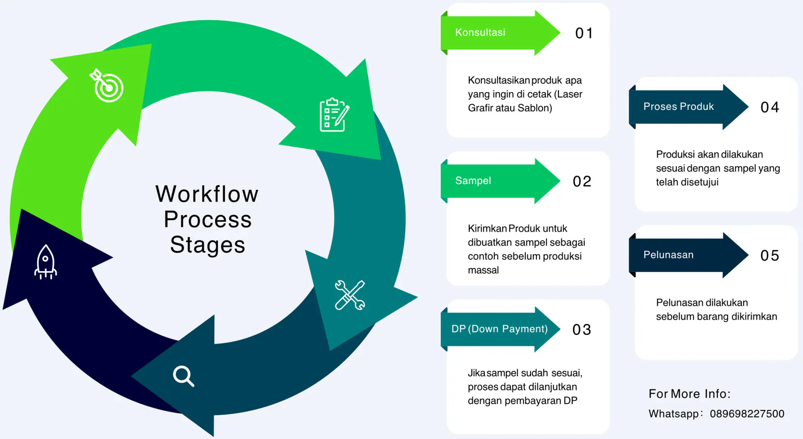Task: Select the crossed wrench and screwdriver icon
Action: (350, 295)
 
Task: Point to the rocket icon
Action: (46, 262)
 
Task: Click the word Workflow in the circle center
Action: (207, 194)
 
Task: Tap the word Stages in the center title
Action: (207, 245)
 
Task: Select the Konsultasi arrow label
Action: (480, 33)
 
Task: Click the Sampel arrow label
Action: (473, 181)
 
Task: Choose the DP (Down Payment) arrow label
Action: (499, 329)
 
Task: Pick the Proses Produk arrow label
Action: (678, 107)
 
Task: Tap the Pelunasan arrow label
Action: (668, 255)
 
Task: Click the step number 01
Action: (584, 33)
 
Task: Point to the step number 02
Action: (582, 181)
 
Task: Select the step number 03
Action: (582, 330)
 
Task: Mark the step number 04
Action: (770, 107)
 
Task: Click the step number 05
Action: (770, 256)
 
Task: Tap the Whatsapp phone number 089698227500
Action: (747, 414)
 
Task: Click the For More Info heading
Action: (689, 394)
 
